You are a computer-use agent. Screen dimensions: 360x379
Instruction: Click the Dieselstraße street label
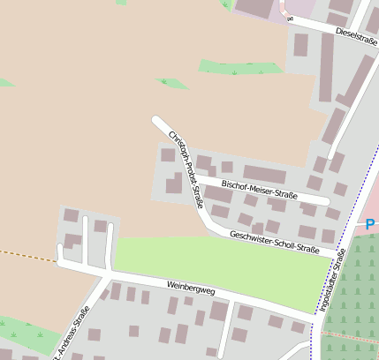pyautogui.click(x=357, y=35)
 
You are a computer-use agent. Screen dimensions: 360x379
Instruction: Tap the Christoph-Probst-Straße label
pyautogui.click(x=186, y=168)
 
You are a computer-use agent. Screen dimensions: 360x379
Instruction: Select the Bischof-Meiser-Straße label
pyautogui.click(x=259, y=190)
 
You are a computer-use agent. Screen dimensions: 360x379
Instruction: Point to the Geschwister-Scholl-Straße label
pyautogui.click(x=274, y=243)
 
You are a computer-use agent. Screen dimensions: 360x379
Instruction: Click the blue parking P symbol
pyautogui.click(x=370, y=225)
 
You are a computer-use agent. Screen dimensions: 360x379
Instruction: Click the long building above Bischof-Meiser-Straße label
pyautogui.click(x=264, y=174)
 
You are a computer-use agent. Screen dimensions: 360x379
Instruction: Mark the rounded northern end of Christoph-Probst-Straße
pyautogui.click(x=156, y=120)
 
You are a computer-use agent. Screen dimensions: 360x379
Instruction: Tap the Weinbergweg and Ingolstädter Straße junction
pyautogui.click(x=315, y=315)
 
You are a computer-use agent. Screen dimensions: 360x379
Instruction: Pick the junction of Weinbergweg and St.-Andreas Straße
pyautogui.click(x=104, y=276)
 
